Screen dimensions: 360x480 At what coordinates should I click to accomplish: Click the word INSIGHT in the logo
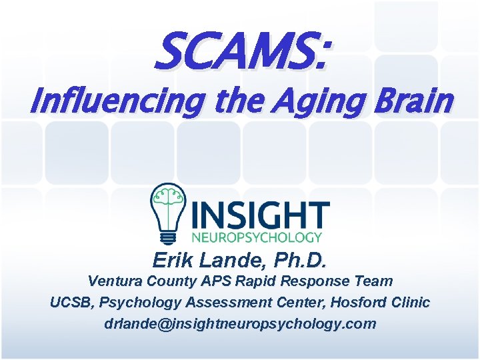pyautogui.click(x=259, y=215)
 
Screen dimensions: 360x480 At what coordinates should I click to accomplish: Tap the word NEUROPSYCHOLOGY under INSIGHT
pyautogui.click(x=257, y=237)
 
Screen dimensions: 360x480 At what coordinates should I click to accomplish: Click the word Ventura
pyautogui.click(x=113, y=281)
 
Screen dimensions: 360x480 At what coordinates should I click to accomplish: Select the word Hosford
pyautogui.click(x=357, y=303)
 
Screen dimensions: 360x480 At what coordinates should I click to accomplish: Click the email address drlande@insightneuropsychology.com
pyautogui.click(x=240, y=325)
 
